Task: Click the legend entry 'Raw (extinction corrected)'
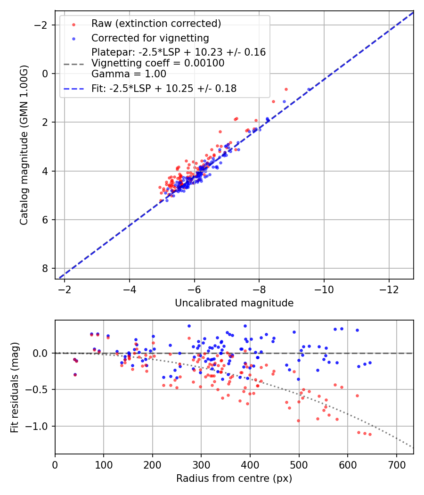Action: [156, 24]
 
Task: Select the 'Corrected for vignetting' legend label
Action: [150, 38]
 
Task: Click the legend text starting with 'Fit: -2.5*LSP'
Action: [164, 88]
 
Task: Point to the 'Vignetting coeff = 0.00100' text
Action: [158, 63]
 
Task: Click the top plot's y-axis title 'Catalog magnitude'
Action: [24, 145]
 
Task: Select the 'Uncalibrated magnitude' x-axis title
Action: [234, 303]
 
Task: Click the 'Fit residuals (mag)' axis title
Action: [15, 387]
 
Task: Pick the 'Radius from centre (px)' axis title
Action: [234, 478]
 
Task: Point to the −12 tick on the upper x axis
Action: [389, 289]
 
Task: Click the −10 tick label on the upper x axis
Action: [324, 289]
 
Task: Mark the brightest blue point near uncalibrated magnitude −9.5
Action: [309, 89]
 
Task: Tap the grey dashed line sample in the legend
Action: [73, 63]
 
